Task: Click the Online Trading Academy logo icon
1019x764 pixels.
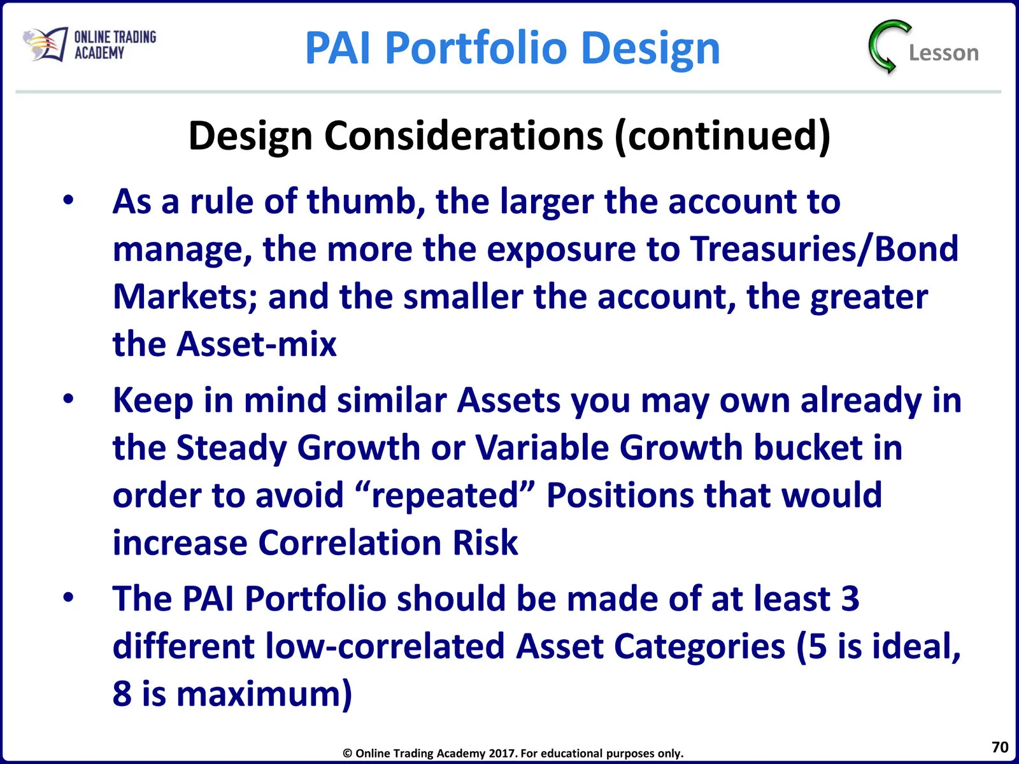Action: coord(45,44)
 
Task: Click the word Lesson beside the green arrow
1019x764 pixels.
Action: coord(944,53)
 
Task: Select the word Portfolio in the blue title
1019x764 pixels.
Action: coord(476,48)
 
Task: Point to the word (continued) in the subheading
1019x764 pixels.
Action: coord(722,136)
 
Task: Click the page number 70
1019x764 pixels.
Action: coord(1000,747)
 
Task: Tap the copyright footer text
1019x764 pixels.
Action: coord(513,753)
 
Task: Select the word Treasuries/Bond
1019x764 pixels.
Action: coord(824,249)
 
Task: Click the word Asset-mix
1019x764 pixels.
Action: coord(256,344)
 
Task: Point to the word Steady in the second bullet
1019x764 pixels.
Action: coord(231,448)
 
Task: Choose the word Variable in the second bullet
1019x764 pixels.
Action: coord(542,447)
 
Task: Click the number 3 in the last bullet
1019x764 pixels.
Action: coord(850,598)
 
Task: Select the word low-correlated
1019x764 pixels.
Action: coord(385,646)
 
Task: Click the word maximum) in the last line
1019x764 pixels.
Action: coord(264,695)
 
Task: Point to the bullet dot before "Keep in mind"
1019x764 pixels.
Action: coord(69,399)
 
